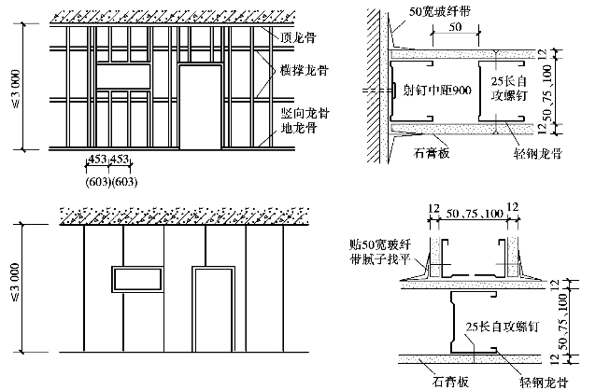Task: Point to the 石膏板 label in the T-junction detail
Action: coord(438,380)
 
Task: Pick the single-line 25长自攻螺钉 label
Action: coord(500,326)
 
